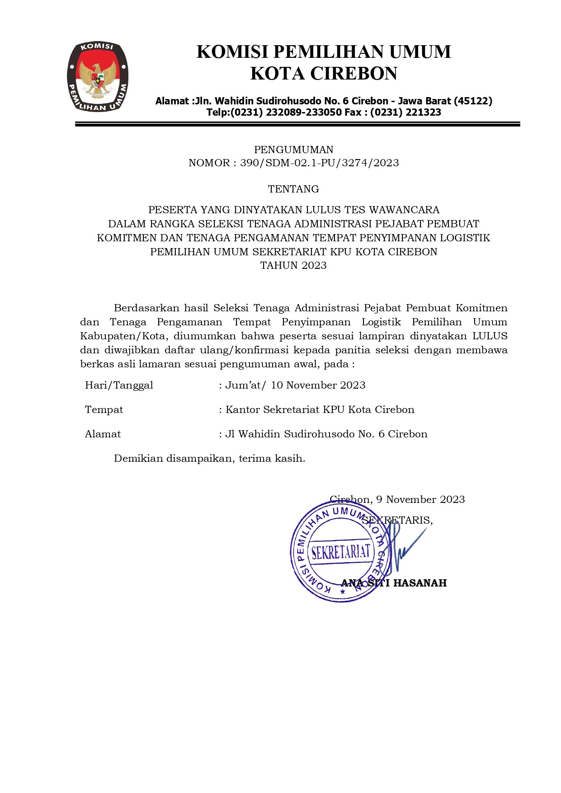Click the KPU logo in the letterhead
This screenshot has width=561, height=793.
pos(97,77)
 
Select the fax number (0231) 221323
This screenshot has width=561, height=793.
pos(405,113)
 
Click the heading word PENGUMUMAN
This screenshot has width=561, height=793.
pos(293,150)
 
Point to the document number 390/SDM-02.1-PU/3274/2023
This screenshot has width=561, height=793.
pos(319,163)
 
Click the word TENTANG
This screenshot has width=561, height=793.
pos(293,189)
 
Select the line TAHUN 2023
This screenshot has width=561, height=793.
pos(293,265)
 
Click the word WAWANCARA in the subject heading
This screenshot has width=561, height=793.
pos(404,210)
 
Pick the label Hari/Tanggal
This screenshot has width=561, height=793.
pos(119,385)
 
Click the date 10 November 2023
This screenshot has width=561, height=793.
pos(318,385)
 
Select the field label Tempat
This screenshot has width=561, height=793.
pos(104,409)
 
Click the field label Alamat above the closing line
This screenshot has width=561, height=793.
pos(103,434)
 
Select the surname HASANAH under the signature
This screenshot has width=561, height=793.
pos(420,583)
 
